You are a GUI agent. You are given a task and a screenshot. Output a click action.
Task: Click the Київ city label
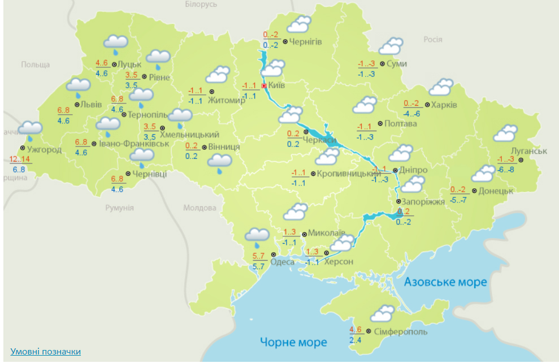(276, 85)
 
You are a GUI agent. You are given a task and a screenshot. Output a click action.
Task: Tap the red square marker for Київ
(264, 85)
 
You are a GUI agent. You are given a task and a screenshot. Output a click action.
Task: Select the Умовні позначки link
(46, 352)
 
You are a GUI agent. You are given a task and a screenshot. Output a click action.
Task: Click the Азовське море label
(445, 282)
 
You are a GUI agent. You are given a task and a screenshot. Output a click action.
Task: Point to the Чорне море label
(293, 342)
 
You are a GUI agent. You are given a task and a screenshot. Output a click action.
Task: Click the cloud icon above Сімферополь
(383, 313)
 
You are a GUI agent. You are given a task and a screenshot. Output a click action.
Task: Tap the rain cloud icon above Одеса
(257, 236)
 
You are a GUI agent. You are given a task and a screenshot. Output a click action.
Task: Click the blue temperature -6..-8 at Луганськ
(506, 170)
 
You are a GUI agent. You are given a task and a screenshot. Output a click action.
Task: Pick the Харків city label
(445, 105)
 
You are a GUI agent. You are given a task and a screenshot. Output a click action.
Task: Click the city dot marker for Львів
(76, 104)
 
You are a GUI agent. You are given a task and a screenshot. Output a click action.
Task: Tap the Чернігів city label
(306, 41)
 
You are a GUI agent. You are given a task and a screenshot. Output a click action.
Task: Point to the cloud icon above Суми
(391, 46)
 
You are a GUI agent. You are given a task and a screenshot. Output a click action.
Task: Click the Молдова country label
(200, 208)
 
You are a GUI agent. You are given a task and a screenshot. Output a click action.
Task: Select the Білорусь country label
(201, 5)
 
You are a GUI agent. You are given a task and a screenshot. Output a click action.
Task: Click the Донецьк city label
(495, 191)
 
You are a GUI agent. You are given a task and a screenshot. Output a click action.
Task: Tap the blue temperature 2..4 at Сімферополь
(356, 340)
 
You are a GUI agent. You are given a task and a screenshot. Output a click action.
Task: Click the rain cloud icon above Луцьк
(116, 43)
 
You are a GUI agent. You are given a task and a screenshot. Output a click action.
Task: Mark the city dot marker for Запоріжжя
(398, 201)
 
